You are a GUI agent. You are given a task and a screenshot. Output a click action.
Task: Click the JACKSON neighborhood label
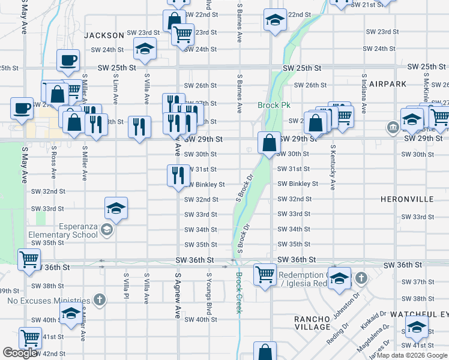point(103,35)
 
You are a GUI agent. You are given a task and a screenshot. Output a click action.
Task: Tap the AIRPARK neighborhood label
point(388,84)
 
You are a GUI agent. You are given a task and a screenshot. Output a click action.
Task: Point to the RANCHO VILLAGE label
point(312,323)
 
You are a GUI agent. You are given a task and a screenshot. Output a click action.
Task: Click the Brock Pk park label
point(274,105)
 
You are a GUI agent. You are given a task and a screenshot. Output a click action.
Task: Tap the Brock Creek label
point(239,292)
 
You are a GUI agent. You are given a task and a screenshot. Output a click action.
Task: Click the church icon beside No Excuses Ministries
point(100,300)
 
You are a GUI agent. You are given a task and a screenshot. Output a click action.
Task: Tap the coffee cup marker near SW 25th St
point(68,60)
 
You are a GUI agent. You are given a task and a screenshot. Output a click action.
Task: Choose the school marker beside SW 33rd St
point(116,208)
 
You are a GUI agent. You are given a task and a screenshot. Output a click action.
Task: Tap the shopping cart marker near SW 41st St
point(29,338)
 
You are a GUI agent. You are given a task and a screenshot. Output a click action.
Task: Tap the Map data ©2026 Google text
point(411,355)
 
